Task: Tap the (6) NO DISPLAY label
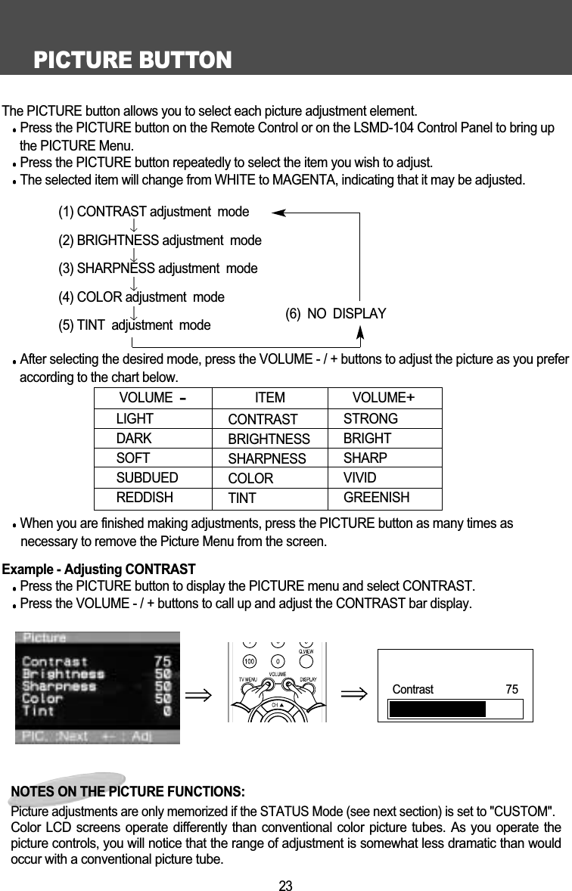coord(336,313)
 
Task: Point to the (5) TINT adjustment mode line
coord(135,326)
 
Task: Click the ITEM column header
coord(270,398)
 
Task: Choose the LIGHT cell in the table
coord(135,418)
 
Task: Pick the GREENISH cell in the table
coord(377,498)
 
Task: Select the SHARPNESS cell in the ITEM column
coord(267,459)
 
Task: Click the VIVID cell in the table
coord(360,478)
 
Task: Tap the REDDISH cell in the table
coord(145,498)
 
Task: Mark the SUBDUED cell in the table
coord(148,478)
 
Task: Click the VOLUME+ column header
coord(384,398)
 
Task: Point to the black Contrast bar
coord(437,709)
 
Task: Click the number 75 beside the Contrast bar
coord(512,689)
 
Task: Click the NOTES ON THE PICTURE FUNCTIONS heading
coord(128,792)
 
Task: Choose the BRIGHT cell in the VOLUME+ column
coord(367,438)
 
